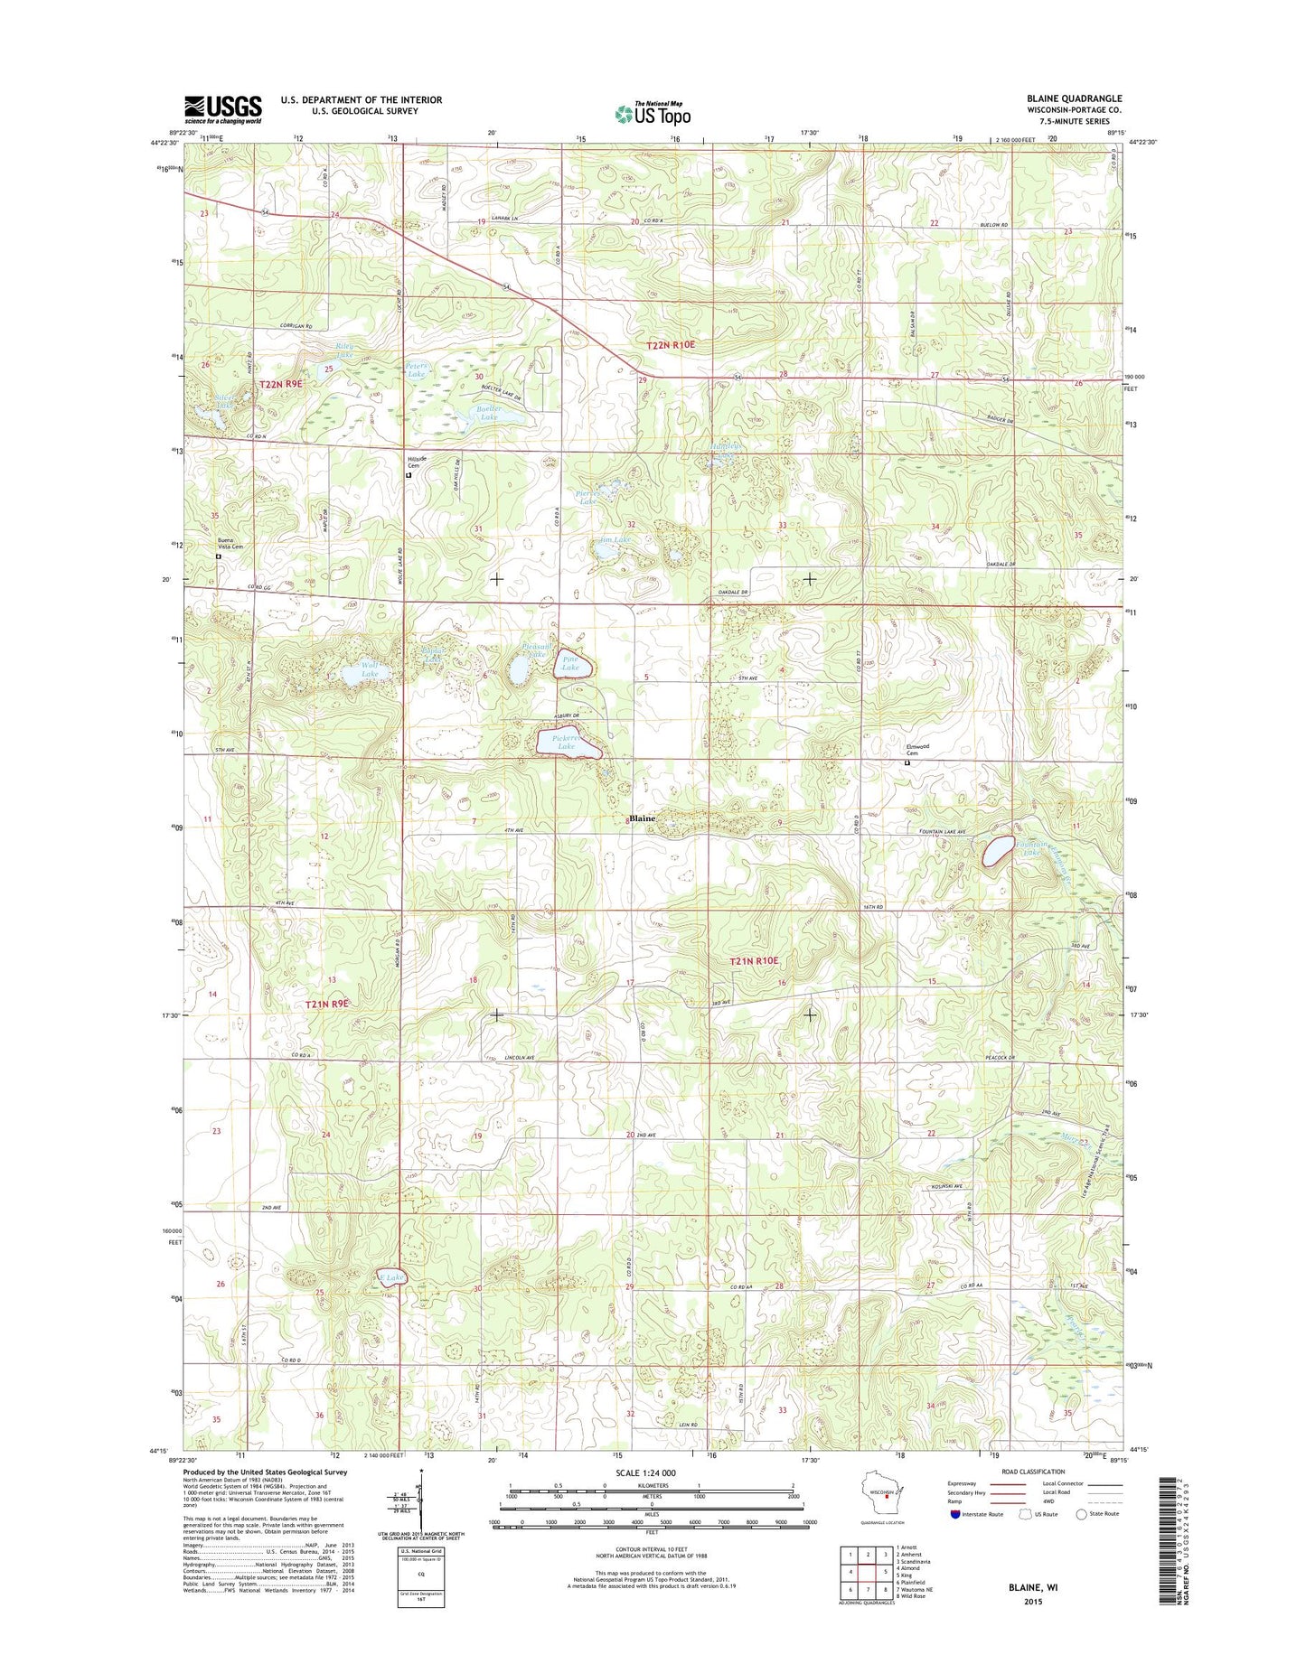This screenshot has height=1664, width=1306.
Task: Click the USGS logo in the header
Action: pos(223,109)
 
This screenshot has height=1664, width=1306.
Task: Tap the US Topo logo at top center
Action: pos(653,113)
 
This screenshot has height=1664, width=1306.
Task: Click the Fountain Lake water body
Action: pos(998,851)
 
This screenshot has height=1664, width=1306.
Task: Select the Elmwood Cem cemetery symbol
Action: pos(908,762)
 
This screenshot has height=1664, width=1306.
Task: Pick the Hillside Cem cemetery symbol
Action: pos(408,475)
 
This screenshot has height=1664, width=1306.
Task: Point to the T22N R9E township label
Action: pos(281,384)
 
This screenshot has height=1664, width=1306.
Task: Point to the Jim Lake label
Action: pos(615,540)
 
